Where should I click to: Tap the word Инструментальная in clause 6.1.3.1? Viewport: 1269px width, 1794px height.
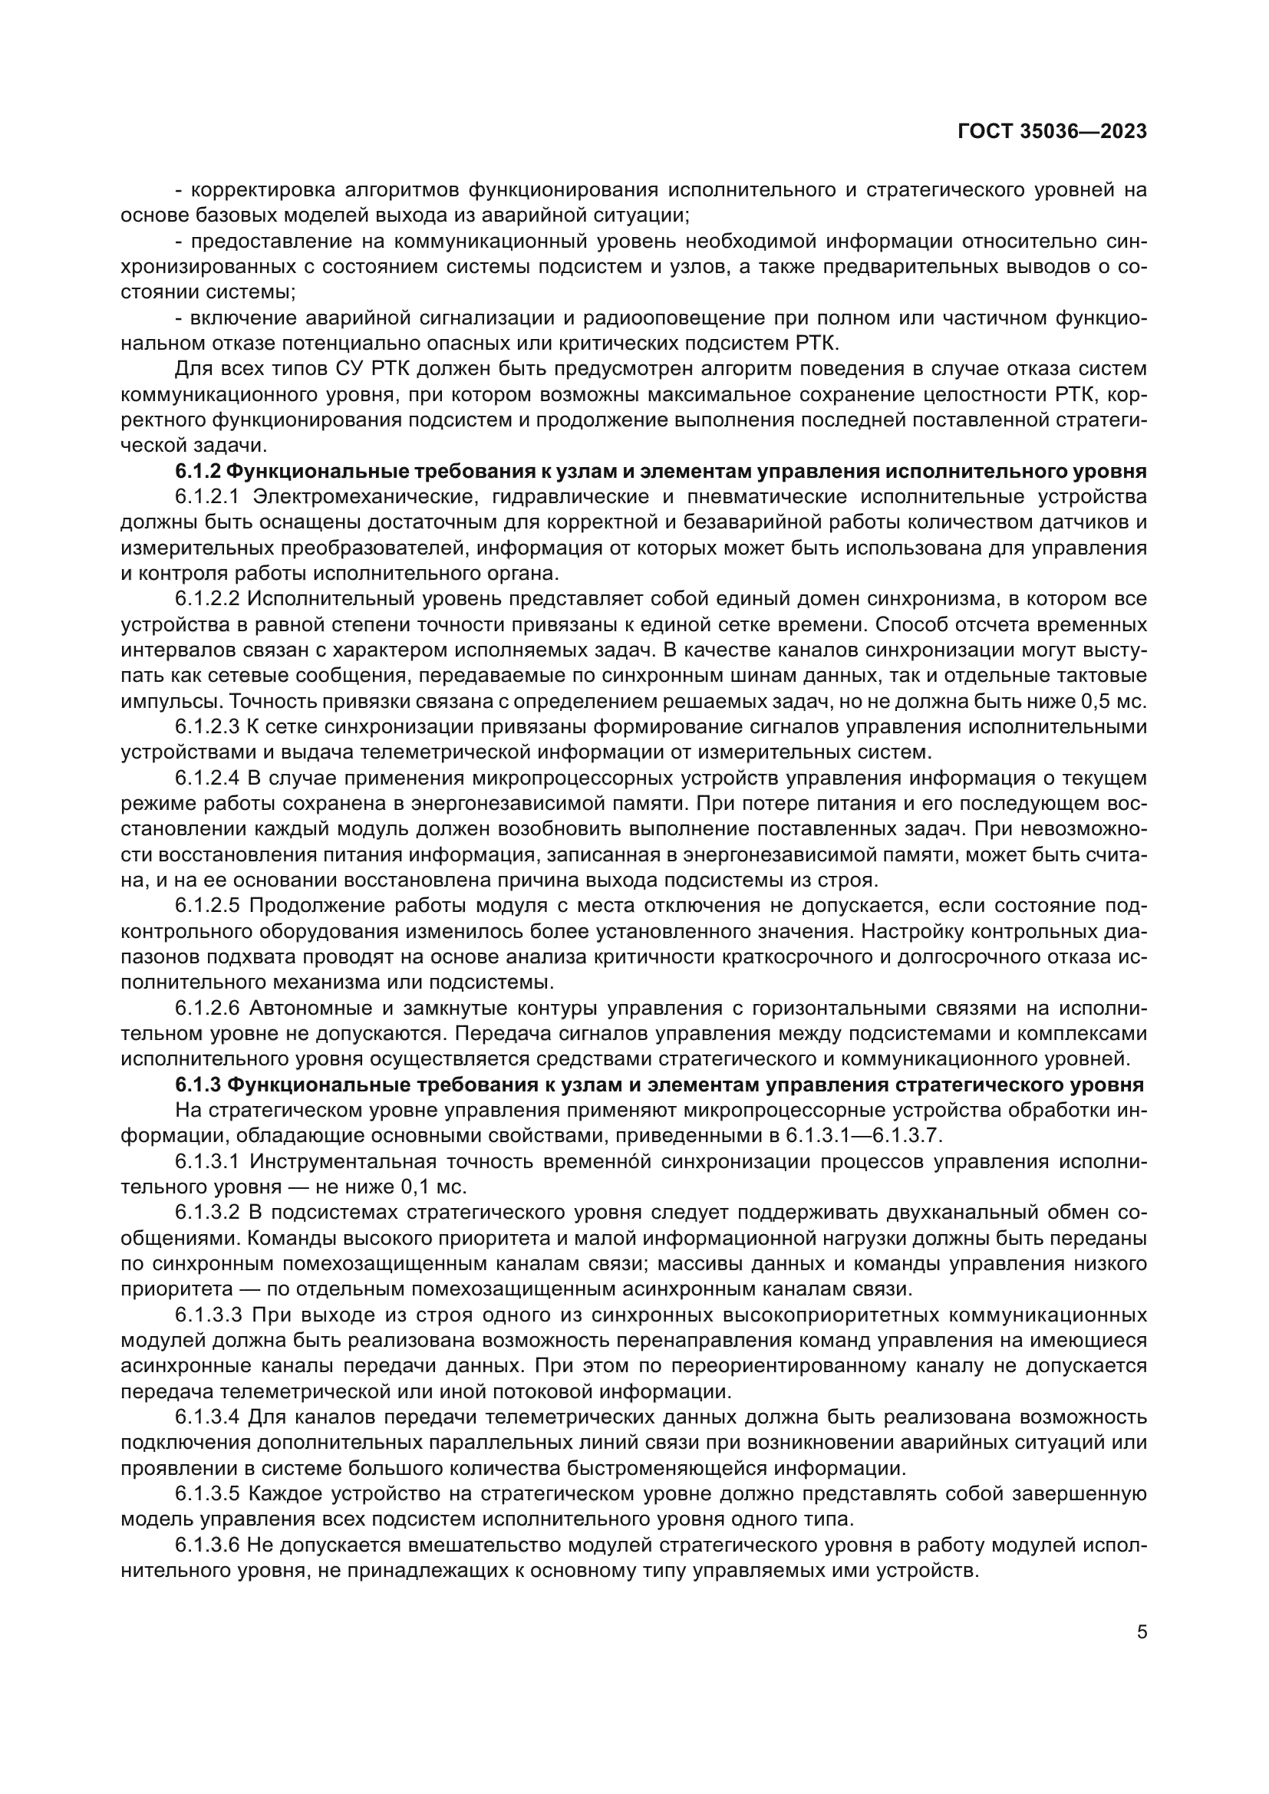coord(338,1161)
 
